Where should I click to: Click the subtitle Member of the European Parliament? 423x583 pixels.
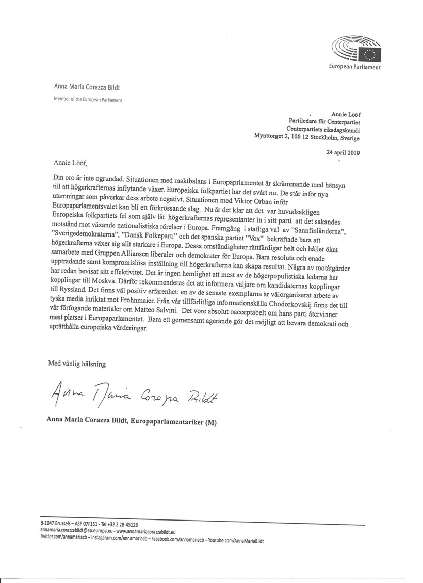pyautogui.click(x=88, y=99)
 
